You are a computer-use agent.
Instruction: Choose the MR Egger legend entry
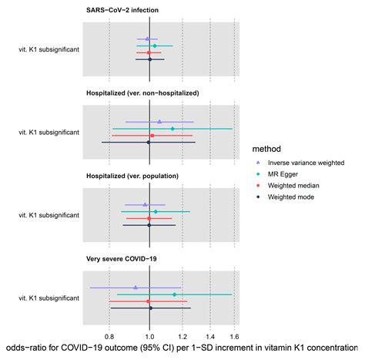tap(285, 174)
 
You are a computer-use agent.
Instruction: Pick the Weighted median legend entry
tap(294, 186)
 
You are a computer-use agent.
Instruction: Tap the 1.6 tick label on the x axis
tap(234, 337)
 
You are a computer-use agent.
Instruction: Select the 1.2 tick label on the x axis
tap(182, 337)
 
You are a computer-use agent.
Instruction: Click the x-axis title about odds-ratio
tap(182, 350)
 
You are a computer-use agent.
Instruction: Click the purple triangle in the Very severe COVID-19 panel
tap(136, 288)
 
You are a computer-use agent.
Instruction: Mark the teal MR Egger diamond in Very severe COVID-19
tap(174, 294)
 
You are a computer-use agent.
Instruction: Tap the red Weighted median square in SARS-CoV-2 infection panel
tap(149, 52)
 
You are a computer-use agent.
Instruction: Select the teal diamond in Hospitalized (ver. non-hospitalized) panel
tap(172, 128)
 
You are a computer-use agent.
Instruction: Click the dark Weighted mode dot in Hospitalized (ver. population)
tap(149, 225)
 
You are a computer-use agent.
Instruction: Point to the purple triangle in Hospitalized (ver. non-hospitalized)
tap(159, 121)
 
